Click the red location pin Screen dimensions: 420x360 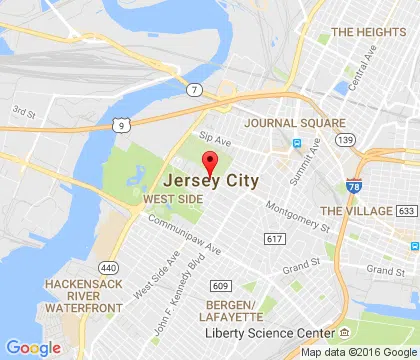(210, 164)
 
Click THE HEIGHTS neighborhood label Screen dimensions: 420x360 (370, 32)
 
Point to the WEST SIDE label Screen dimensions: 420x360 (173, 199)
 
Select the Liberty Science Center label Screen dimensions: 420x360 (269, 332)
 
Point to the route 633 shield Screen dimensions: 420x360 (405, 211)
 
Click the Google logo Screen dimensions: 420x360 (34, 347)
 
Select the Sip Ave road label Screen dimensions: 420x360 (214, 137)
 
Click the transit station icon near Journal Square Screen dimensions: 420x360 (296, 142)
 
